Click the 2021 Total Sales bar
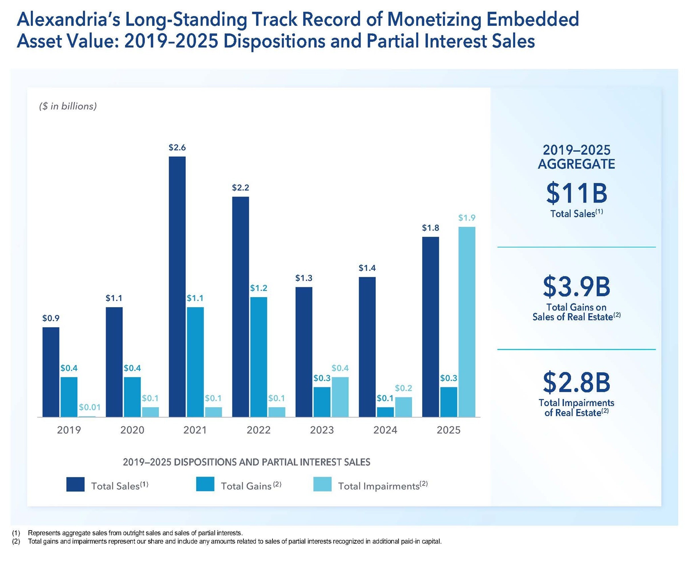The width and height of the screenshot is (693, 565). tap(177, 286)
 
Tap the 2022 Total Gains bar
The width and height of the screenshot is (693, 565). tap(258, 357)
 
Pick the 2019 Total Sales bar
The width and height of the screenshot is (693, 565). tap(51, 372)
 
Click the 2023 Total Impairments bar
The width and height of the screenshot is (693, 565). tap(340, 397)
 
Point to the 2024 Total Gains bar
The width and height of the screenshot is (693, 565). tap(385, 412)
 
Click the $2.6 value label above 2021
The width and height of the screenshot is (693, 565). tap(177, 147)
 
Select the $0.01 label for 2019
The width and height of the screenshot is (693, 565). tap(90, 407)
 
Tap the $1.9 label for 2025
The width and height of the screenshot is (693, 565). tap(467, 218)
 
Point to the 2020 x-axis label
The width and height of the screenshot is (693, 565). tap(132, 430)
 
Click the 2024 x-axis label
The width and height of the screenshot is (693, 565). tap(385, 430)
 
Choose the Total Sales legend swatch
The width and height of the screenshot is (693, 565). tap(75, 484)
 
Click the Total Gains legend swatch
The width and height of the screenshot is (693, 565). tap(205, 484)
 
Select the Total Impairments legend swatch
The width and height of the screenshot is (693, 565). tap(322, 484)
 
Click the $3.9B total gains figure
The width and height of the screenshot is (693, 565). tap(576, 286)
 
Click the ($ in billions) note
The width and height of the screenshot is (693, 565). tap(68, 106)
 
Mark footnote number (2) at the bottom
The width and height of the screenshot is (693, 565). tap(16, 542)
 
